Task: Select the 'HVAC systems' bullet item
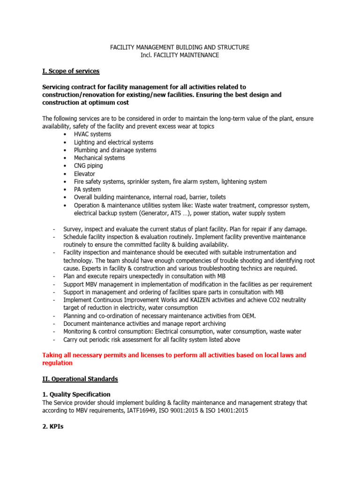point(92,135)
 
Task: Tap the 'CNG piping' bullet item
point(88,166)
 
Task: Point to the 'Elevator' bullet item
point(84,174)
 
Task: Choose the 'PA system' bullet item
point(87,189)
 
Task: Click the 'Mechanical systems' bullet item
point(99,158)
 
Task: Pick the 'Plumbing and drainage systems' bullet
point(115,150)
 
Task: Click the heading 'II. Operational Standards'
point(80,379)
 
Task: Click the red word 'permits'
point(115,355)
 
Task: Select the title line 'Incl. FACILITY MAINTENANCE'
point(180,55)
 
